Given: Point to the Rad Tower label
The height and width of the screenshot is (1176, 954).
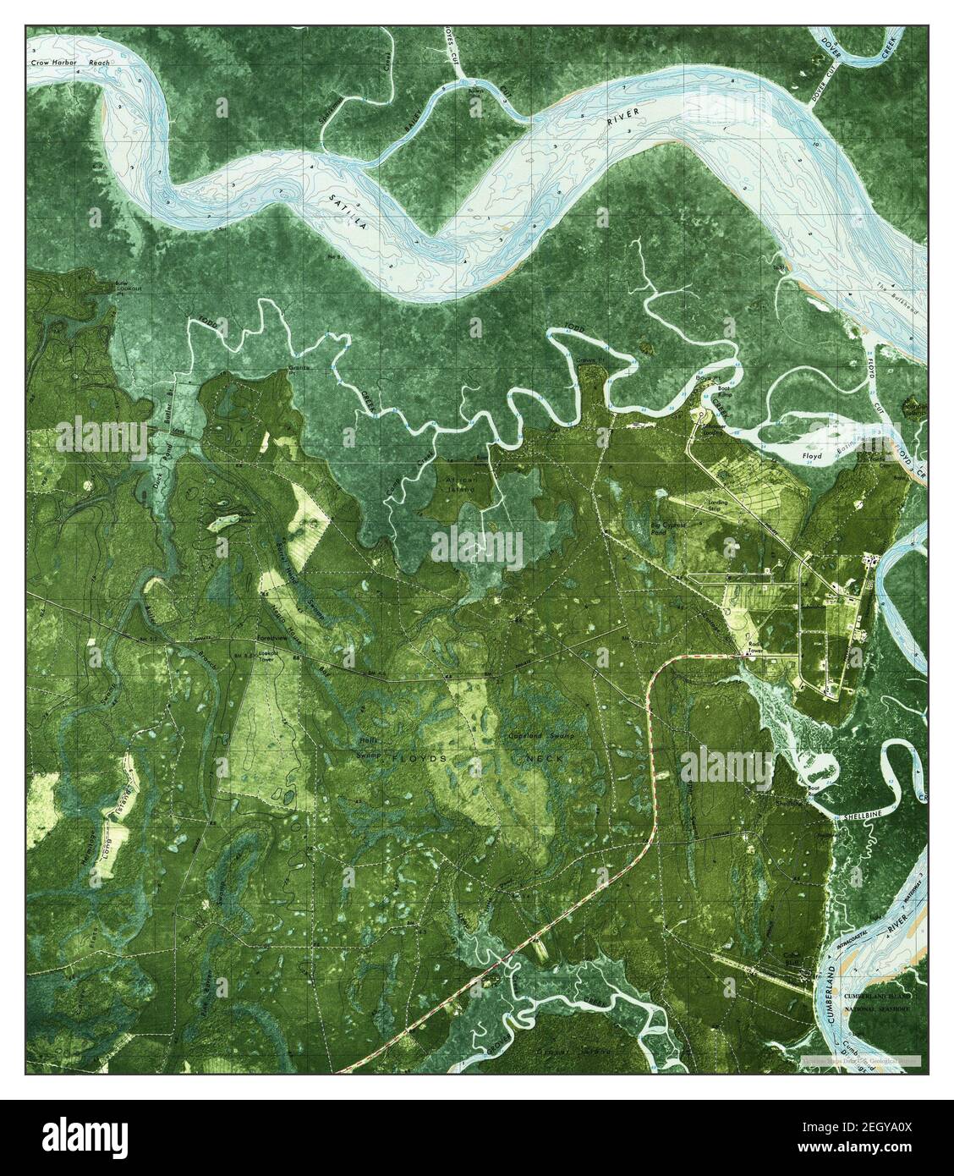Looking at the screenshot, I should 754,652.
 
